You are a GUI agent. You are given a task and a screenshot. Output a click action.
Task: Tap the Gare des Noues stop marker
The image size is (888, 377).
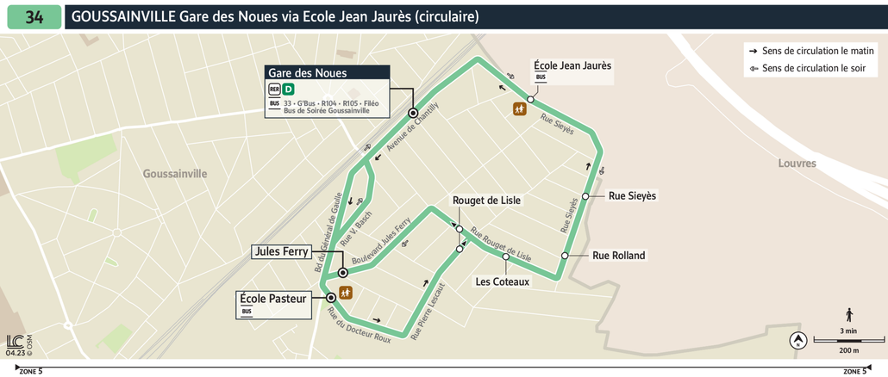(x=413, y=113)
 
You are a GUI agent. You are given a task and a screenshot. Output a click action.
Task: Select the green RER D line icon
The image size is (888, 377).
(x=289, y=89)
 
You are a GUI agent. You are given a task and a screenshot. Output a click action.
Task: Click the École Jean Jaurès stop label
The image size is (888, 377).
(x=572, y=65)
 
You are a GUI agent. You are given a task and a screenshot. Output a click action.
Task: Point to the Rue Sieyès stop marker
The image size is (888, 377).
(x=585, y=196)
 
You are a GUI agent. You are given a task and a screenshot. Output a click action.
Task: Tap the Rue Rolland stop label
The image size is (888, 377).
(x=618, y=256)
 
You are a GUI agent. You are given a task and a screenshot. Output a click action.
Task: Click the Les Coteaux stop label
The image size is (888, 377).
(x=503, y=281)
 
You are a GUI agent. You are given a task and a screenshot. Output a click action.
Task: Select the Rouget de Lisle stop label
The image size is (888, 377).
(x=486, y=201)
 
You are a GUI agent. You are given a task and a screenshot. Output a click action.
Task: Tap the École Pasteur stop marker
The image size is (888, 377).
(x=331, y=298)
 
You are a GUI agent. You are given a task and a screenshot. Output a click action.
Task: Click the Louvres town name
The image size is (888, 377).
(x=796, y=164)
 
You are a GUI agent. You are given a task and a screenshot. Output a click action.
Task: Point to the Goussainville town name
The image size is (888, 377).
(x=175, y=174)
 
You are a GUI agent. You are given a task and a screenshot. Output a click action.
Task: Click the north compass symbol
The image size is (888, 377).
(x=797, y=341)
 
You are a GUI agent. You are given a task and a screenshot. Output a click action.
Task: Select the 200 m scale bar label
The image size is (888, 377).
(x=848, y=350)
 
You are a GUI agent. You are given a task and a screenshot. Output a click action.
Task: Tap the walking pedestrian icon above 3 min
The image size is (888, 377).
(x=849, y=315)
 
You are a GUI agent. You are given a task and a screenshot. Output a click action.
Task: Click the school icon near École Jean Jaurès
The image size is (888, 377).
(x=520, y=108)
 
